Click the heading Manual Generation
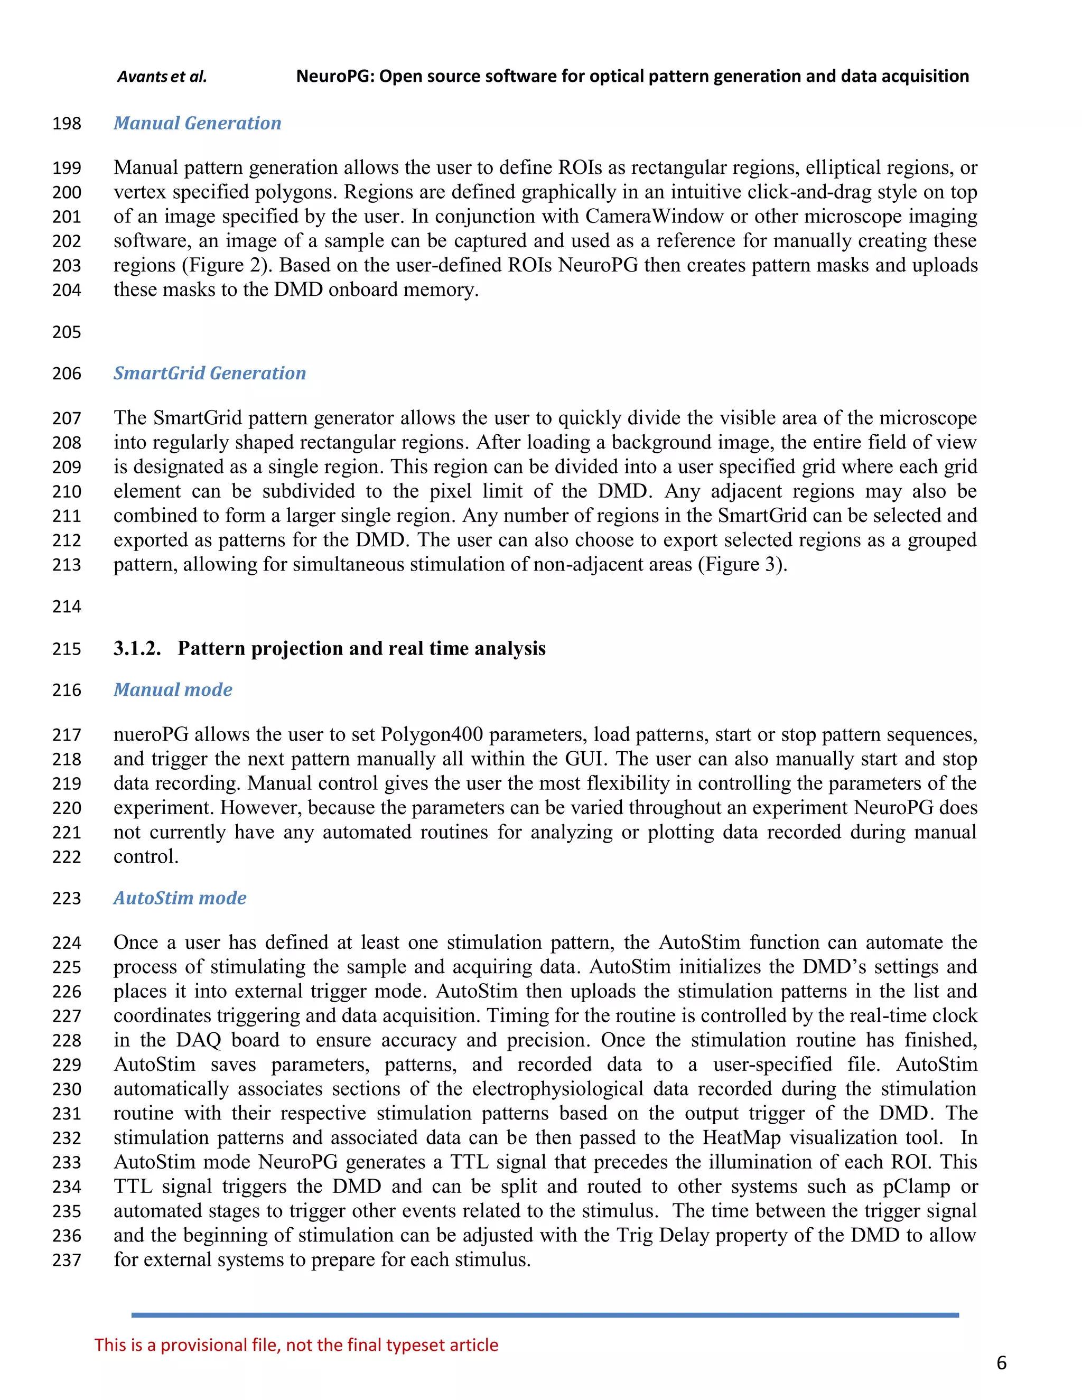coord(198,123)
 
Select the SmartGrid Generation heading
coord(210,373)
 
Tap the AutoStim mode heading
coord(180,898)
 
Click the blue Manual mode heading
coord(173,690)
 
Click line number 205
coord(67,332)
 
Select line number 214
coord(67,606)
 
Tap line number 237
coord(67,1260)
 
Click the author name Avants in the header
coord(142,77)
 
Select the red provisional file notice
coord(296,1345)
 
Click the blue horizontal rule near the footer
coord(545,1315)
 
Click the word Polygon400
coord(432,735)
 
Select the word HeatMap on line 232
coord(742,1138)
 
